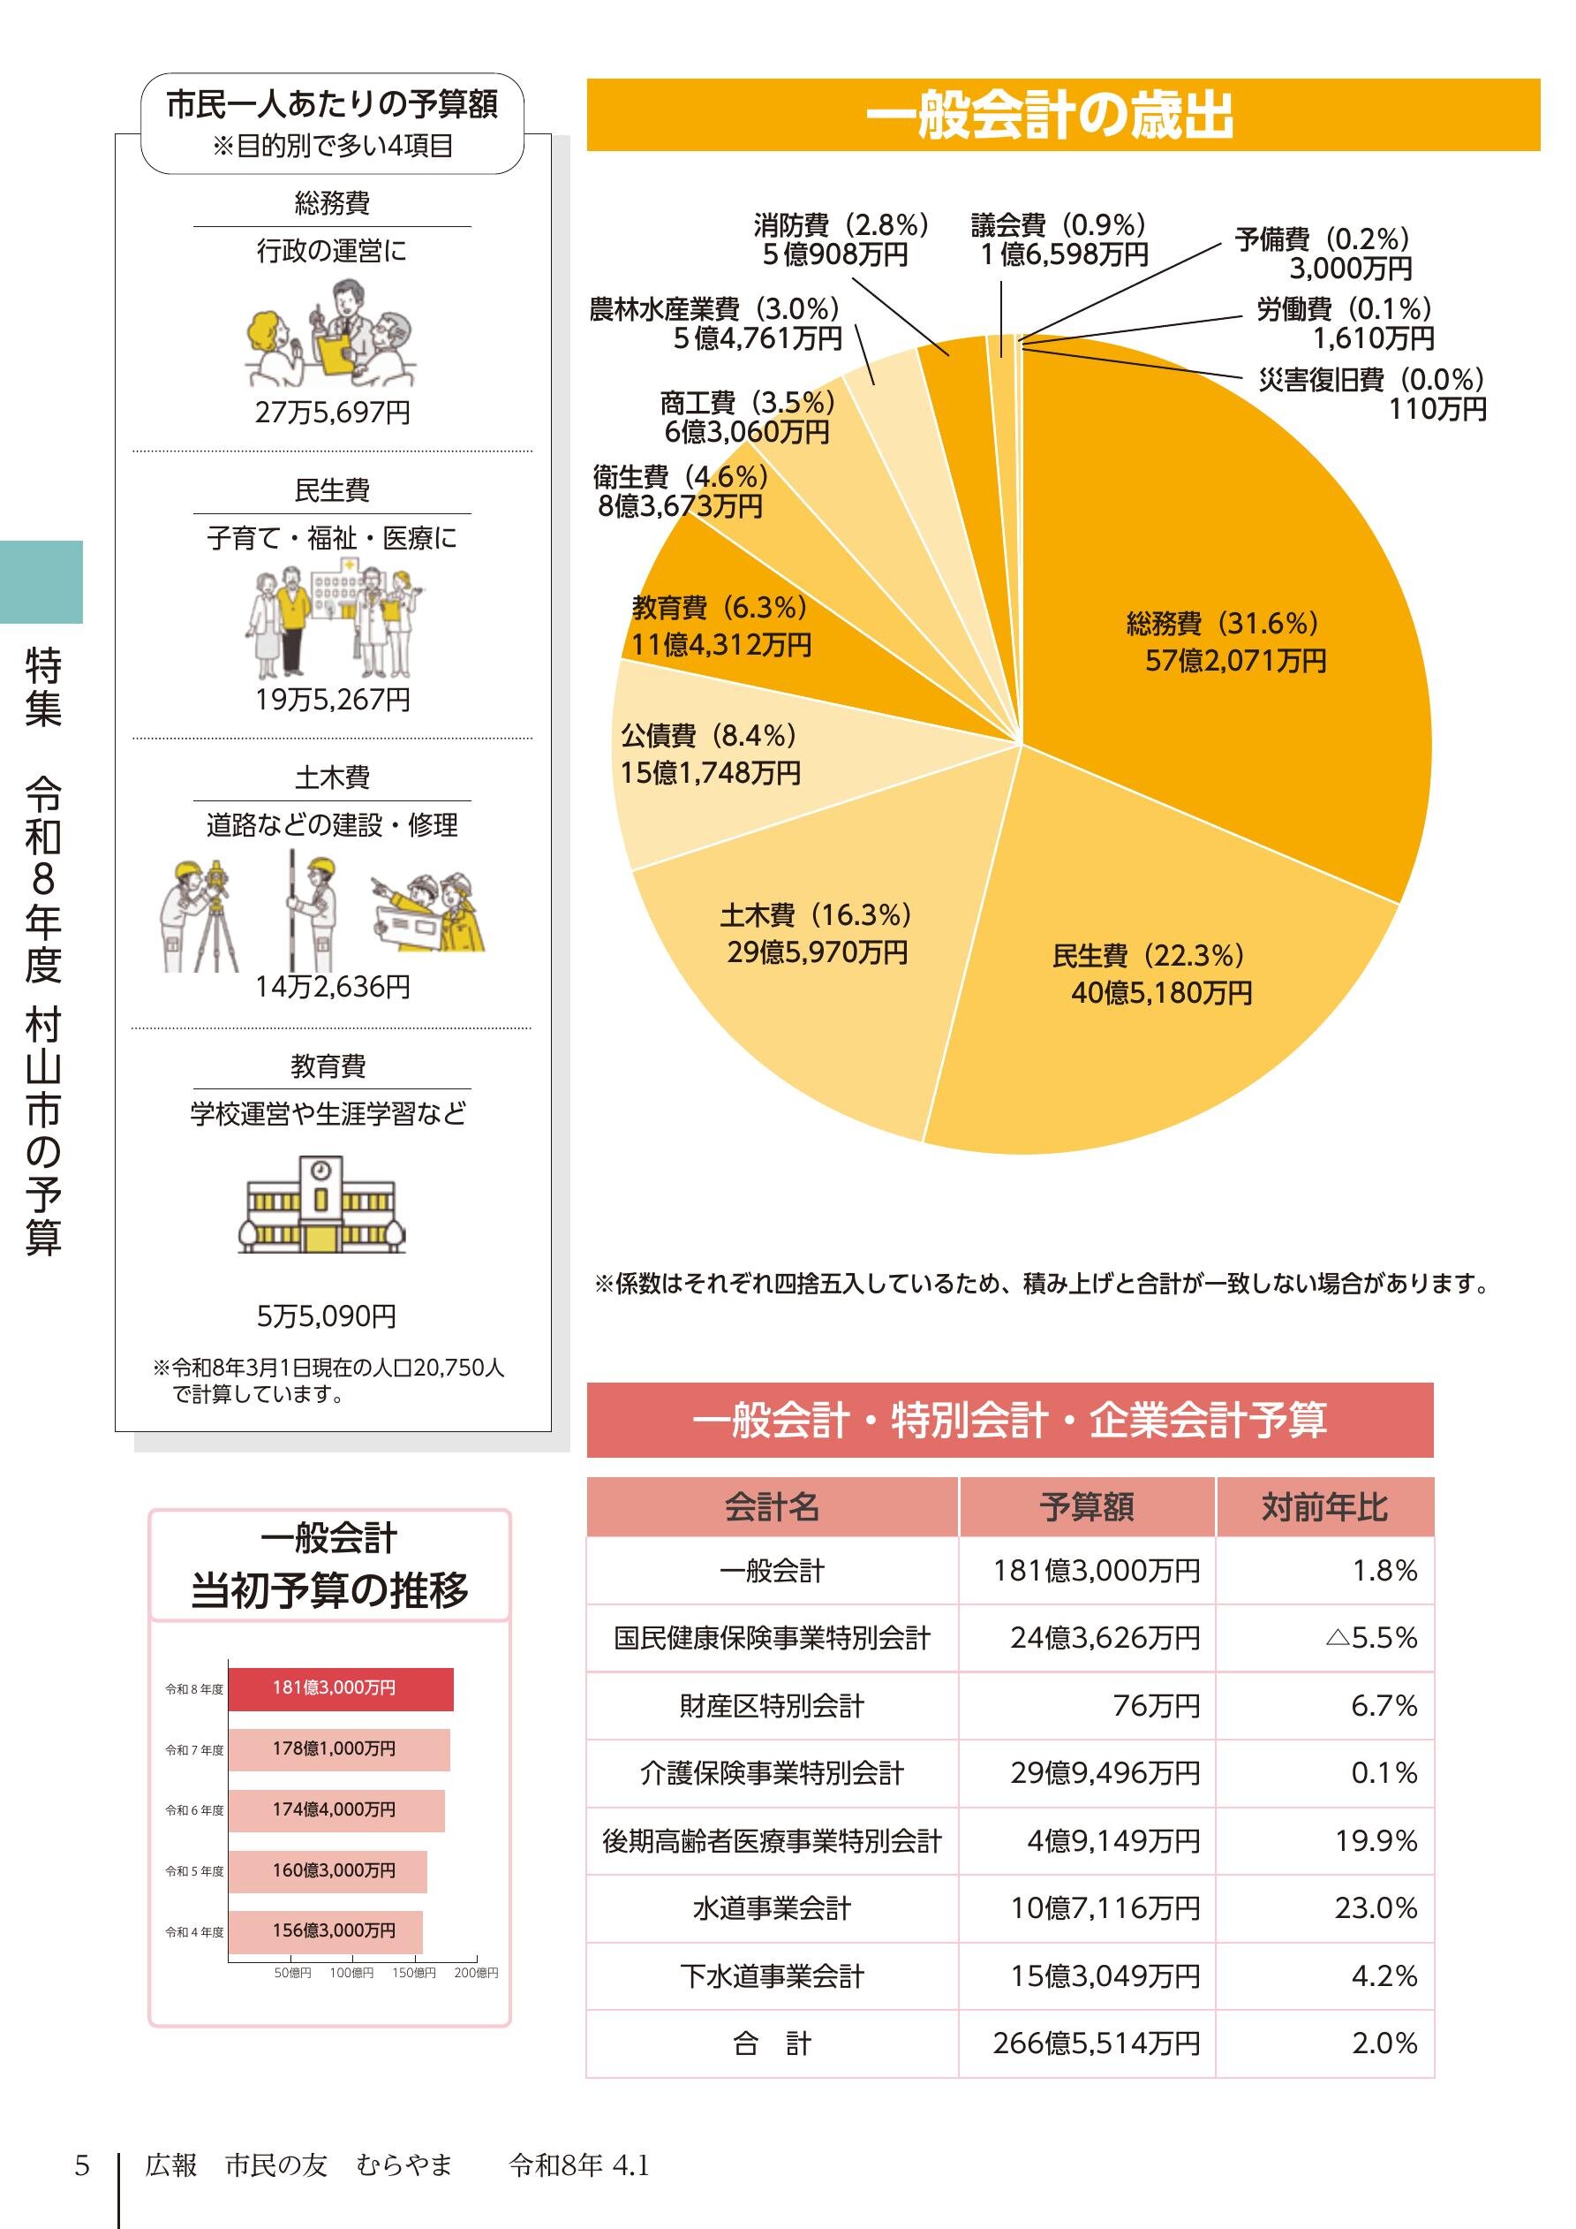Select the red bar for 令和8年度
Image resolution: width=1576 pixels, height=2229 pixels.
[341, 1689]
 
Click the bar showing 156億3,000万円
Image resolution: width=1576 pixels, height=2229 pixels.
[325, 1931]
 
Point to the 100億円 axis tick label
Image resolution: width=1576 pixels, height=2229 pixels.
[351, 1973]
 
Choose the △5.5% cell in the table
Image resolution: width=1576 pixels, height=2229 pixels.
[1370, 1638]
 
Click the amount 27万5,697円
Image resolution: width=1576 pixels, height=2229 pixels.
[332, 413]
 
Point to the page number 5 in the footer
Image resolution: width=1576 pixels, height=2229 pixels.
[81, 2165]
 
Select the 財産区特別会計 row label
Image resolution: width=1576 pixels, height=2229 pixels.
[772, 1706]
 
